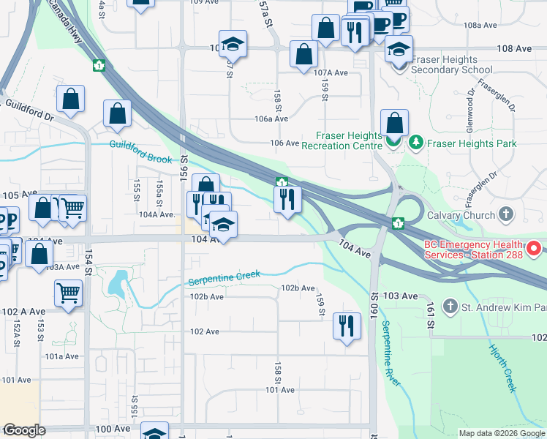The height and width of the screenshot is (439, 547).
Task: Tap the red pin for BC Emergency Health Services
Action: (533, 249)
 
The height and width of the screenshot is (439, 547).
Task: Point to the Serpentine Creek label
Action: (225, 278)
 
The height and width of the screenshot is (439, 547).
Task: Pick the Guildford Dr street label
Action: (30, 110)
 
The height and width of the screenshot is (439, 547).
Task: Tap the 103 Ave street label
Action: (399, 296)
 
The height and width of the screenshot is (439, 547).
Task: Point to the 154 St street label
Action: (88, 262)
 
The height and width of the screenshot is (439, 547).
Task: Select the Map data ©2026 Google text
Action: (502, 433)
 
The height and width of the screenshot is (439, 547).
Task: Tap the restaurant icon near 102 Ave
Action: (347, 325)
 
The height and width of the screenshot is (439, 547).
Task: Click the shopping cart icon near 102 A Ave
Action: (68, 293)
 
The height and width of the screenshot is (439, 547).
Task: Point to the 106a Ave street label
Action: (271, 119)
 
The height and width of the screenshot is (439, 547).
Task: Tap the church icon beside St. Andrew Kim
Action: (450, 307)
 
